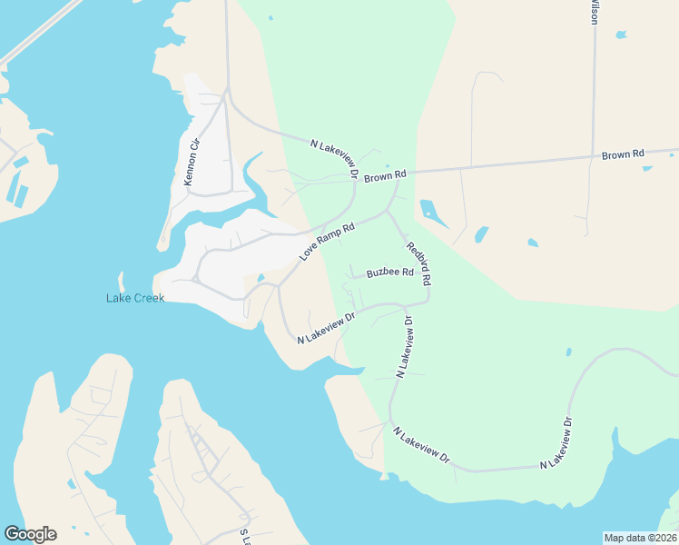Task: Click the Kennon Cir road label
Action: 192,161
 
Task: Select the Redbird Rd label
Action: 418,264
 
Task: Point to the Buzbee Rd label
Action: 389,272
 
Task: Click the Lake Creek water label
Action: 135,298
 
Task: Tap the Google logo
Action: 30,534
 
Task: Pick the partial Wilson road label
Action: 595,13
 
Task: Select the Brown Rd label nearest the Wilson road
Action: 623,155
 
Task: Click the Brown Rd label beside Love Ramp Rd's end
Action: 385,175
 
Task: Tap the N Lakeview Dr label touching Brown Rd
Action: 334,159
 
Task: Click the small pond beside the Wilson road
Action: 620,35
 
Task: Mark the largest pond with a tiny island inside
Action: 434,213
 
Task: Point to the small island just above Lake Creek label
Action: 120,281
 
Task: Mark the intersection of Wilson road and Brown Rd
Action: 593,155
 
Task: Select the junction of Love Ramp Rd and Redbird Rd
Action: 388,212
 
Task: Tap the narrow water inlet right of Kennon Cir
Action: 252,182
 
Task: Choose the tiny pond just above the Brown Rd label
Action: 389,165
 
